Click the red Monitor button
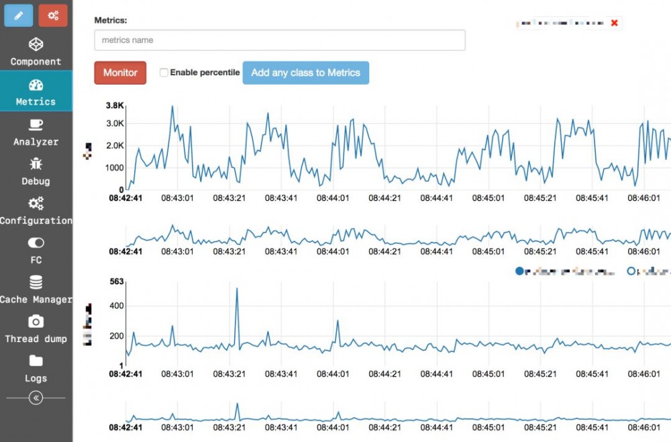click(120, 73)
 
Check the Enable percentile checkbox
click(164, 73)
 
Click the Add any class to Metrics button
click(305, 73)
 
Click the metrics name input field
click(279, 40)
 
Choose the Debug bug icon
click(36, 164)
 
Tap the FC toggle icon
click(36, 242)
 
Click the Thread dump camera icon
click(36, 321)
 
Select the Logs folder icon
click(36, 361)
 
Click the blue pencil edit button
click(18, 15)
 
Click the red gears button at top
click(53, 15)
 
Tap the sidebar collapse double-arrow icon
click(36, 398)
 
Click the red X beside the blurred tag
click(614, 24)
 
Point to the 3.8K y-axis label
click(115, 105)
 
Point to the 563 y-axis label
click(117, 282)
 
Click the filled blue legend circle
click(519, 271)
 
